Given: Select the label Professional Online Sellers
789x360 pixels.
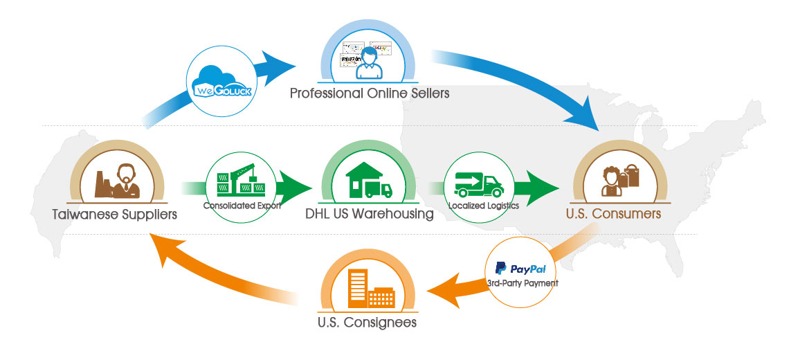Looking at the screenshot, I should coord(369,93).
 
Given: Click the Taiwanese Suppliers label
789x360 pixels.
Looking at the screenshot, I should coord(114,214).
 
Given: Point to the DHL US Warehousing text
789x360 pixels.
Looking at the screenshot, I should coord(370,214).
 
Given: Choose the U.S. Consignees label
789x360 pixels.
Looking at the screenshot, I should coord(367,322).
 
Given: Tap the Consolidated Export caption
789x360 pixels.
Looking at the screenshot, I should coord(242,206).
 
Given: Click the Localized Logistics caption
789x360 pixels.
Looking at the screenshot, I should coord(482,206).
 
